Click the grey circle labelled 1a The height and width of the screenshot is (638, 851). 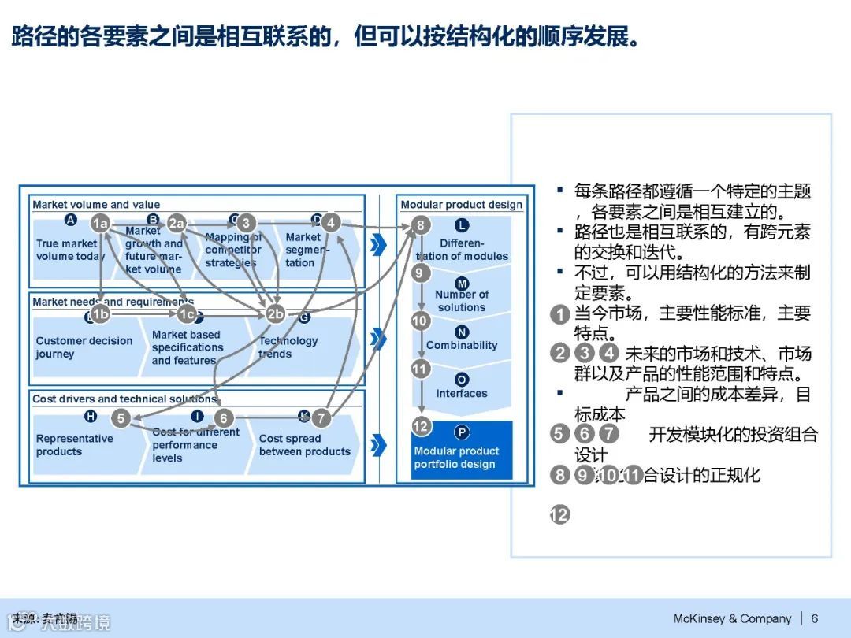(x=100, y=223)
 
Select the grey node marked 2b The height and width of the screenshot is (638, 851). (x=275, y=314)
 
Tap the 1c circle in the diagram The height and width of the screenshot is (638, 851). (x=187, y=314)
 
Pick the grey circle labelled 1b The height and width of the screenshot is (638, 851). (x=100, y=314)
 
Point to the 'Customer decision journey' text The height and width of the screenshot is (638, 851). (x=84, y=347)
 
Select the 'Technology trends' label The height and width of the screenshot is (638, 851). (x=288, y=347)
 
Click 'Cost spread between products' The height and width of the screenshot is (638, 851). (x=304, y=445)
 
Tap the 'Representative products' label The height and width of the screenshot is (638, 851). (x=74, y=445)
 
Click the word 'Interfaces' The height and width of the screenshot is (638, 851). (x=462, y=394)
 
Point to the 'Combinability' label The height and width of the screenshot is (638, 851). (x=462, y=345)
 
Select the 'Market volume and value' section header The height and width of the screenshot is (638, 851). (x=96, y=205)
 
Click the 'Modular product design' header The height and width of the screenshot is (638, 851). (x=461, y=205)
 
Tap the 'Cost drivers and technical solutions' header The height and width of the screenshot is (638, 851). (x=124, y=399)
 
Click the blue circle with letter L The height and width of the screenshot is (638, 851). (x=463, y=226)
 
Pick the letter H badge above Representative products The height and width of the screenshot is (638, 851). (x=90, y=417)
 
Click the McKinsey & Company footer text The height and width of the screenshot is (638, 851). (x=732, y=618)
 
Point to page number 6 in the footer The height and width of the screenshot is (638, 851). (x=815, y=618)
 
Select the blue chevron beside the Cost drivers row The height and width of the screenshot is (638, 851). (x=379, y=445)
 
